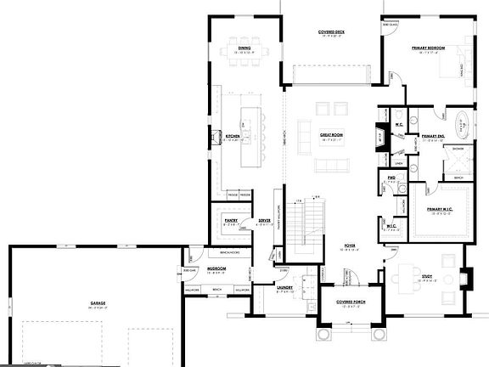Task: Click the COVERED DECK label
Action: (331, 32)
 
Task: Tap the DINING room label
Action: (244, 48)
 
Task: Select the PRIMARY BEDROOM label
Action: (430, 48)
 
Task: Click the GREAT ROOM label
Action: (331, 135)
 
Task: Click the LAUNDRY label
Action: (284, 288)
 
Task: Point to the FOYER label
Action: (349, 246)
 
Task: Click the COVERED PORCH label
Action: (350, 302)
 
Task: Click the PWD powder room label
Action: (392, 178)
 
